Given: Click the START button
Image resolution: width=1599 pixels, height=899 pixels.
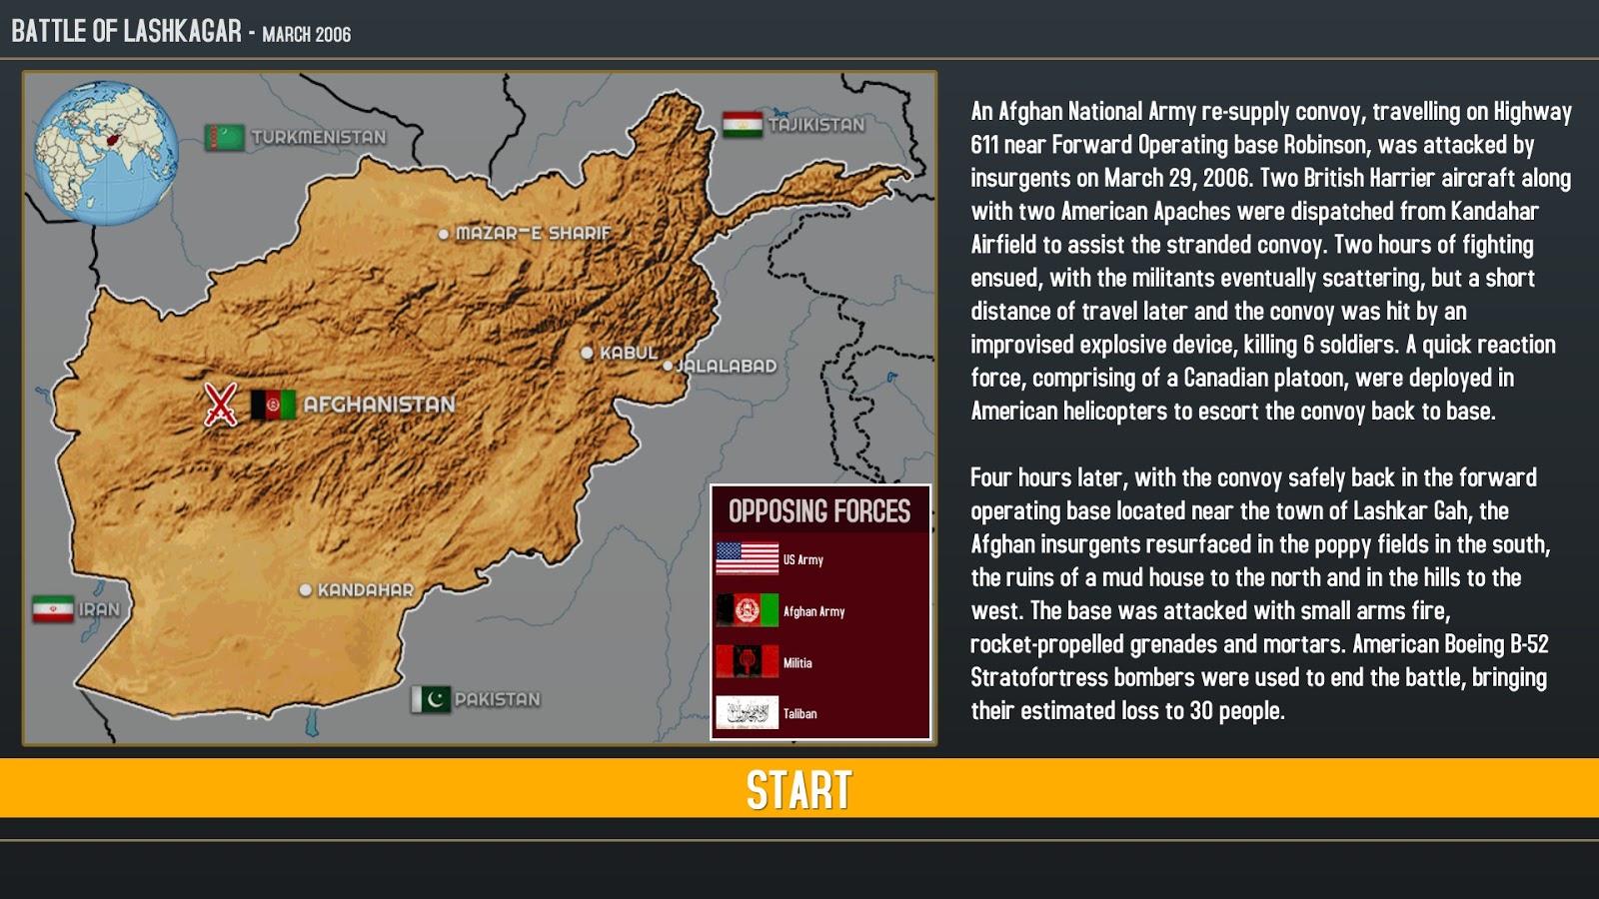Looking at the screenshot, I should click(x=799, y=789).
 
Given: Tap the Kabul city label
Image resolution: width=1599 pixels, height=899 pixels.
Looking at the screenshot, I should click(x=629, y=353).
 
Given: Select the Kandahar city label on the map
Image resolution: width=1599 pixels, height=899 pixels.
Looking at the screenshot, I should click(x=365, y=590).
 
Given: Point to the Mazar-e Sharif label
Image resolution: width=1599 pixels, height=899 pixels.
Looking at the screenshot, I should click(x=533, y=234).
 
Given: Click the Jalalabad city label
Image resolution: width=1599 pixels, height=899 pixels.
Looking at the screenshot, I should click(x=727, y=367).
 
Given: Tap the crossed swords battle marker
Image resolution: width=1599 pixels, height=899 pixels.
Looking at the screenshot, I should click(x=221, y=405).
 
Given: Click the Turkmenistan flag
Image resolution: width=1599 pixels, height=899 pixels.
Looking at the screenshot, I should click(x=225, y=137).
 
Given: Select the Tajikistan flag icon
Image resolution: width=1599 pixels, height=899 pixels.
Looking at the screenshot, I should click(x=743, y=125).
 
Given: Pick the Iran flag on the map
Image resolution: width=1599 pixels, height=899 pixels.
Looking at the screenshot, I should click(x=53, y=609).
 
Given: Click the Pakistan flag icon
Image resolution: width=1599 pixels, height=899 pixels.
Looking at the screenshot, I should click(x=432, y=699).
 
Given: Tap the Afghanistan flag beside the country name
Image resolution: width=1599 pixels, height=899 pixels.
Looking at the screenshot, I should click(x=272, y=405).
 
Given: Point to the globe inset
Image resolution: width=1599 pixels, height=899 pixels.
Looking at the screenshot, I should click(x=106, y=152).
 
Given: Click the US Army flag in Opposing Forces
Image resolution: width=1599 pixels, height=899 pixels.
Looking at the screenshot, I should click(x=747, y=558).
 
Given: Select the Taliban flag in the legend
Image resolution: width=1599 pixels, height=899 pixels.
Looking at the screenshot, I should click(x=747, y=713).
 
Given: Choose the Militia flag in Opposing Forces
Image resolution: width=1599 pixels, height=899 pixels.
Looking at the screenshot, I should click(x=747, y=661).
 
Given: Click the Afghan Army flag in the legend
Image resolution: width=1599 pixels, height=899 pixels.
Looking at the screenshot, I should click(x=747, y=610).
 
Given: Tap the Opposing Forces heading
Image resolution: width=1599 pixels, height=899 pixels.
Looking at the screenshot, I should click(x=819, y=511).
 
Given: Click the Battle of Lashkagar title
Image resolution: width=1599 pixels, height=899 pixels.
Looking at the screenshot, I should click(x=126, y=31).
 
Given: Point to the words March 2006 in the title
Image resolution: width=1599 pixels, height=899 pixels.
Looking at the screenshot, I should click(x=307, y=35).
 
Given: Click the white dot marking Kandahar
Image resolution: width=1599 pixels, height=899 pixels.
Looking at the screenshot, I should click(x=306, y=590).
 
